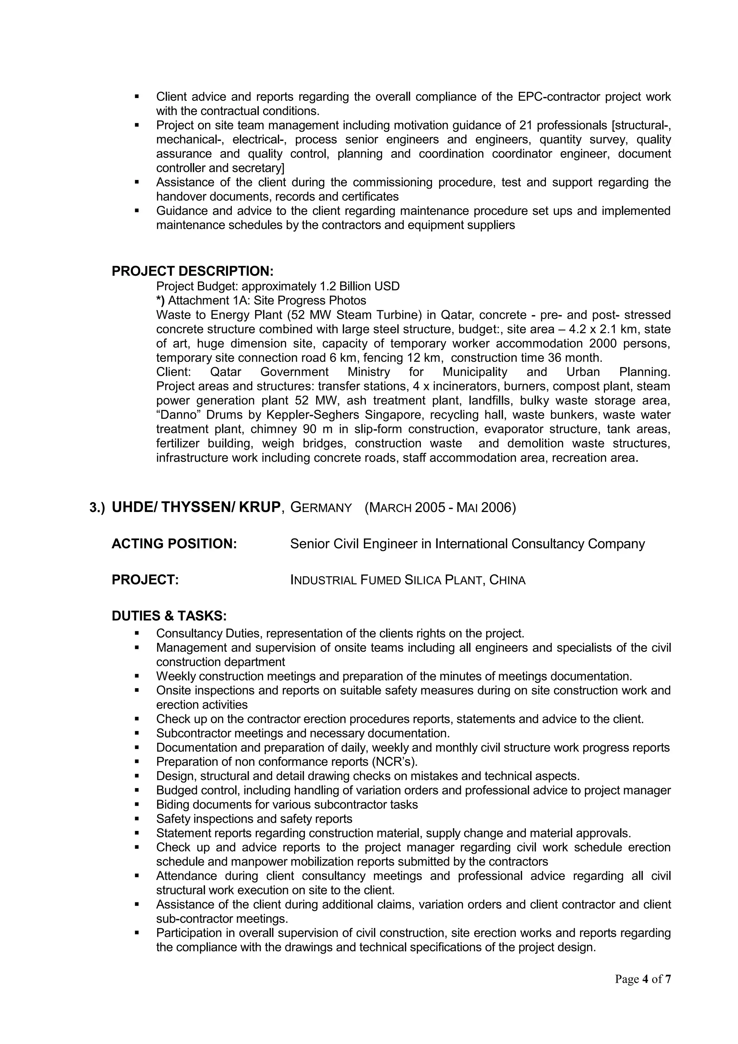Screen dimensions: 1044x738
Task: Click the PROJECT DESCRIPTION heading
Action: coord(193,271)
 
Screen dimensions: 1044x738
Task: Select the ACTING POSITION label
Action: coord(174,544)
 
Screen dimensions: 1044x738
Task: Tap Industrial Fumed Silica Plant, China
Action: coord(408,580)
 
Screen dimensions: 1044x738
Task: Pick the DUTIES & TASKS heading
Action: coord(169,616)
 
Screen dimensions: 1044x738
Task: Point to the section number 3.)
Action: coord(97,508)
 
